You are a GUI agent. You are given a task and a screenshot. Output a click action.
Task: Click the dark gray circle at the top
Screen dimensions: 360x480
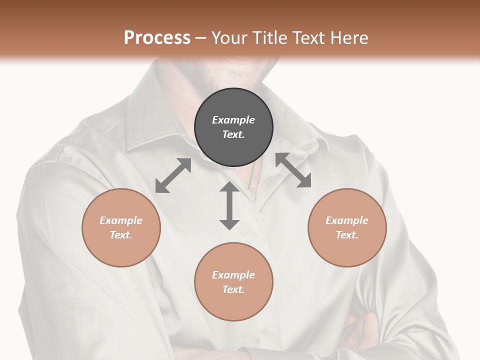click(233, 127)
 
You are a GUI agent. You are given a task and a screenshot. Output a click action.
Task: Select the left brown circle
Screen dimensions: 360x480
click(121, 227)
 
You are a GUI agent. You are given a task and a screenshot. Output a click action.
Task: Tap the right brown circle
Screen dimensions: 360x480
click(347, 227)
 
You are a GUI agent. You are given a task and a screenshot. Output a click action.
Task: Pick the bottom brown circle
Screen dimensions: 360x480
click(233, 282)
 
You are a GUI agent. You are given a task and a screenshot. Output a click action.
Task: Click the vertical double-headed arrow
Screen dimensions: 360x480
click(229, 206)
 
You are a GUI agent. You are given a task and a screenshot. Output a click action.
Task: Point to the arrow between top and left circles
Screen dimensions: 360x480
click(173, 175)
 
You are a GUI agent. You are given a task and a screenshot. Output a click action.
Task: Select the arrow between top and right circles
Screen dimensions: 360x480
click(293, 170)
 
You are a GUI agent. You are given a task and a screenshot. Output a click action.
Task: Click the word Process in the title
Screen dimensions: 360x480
click(157, 38)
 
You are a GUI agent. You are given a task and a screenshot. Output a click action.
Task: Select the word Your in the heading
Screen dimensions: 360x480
click(228, 38)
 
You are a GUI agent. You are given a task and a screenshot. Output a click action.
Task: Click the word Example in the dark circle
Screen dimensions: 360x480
click(233, 120)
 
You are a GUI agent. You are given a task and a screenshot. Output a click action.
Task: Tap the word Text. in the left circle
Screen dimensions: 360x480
click(121, 235)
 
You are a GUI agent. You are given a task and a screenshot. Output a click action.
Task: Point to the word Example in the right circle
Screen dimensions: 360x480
click(347, 220)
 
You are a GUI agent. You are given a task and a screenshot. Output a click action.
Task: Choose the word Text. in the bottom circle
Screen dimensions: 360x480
click(233, 289)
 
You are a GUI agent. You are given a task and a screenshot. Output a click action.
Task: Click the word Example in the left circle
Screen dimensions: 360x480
click(121, 220)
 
